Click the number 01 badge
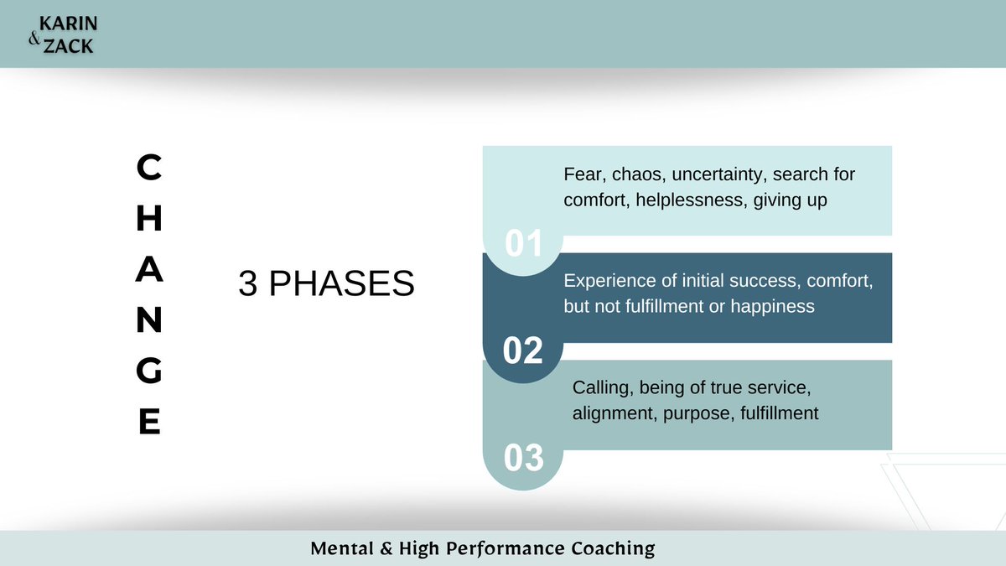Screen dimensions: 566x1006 coord(523,244)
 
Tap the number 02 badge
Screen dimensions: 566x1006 coord(523,351)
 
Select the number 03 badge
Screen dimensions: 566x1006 coord(523,458)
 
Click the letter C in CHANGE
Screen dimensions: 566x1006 coord(149,169)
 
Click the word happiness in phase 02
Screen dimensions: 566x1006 coord(772,306)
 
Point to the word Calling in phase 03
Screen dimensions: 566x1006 coord(600,388)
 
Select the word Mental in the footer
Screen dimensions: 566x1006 coord(337,549)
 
